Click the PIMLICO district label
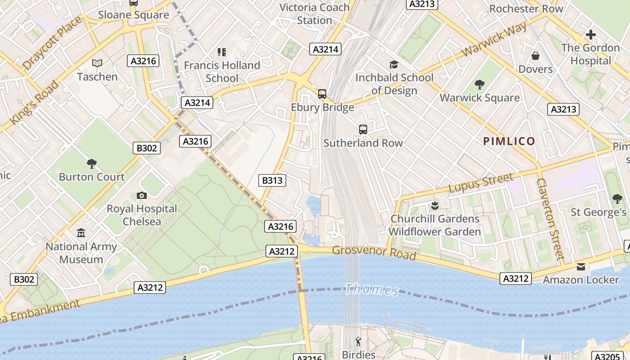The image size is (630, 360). (509, 141)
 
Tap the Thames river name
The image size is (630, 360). (372, 290)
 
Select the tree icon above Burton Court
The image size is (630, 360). (92, 163)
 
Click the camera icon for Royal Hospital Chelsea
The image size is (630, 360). (142, 195)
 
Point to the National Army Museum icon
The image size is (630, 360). (81, 233)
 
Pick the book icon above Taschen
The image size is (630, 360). (97, 63)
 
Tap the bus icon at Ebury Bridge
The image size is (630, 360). (322, 94)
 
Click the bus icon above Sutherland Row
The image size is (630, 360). (363, 130)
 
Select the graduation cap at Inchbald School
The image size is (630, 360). (394, 64)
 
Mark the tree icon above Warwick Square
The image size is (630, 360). (480, 84)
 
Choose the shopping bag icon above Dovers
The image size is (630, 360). (535, 56)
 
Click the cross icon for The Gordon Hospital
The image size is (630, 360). (590, 35)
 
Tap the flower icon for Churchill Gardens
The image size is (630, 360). (434, 206)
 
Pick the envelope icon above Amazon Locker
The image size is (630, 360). (581, 267)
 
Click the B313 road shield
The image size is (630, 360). (272, 180)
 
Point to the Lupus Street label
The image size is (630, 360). (481, 183)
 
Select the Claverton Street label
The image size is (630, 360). (550, 219)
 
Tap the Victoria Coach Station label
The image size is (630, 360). (314, 14)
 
